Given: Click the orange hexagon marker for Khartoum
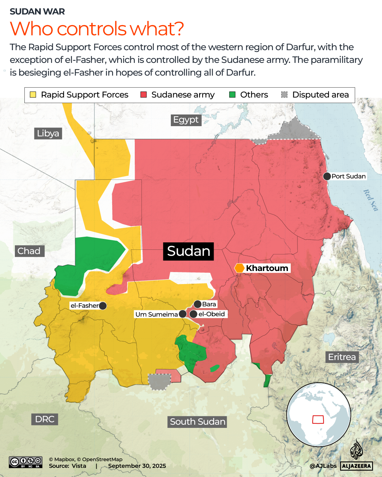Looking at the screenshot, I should (239, 268).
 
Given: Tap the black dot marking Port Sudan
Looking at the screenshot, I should (327, 176).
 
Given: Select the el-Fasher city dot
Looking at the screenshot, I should (103, 306).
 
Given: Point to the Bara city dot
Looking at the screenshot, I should (198, 304).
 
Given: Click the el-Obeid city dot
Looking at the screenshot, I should (193, 314).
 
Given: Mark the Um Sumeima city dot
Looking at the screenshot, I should (183, 314).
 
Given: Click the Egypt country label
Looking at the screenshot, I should (186, 120).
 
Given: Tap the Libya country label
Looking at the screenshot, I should (48, 133).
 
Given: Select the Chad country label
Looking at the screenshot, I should (29, 251).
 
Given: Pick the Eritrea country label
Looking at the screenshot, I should (342, 357).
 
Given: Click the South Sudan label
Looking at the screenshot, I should (197, 422).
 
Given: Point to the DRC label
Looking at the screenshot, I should (45, 419).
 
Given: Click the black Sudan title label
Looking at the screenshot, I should (189, 251).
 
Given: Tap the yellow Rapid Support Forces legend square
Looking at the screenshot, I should (33, 95).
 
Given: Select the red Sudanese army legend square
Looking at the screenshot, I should (144, 95).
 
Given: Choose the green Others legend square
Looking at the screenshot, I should (232, 95).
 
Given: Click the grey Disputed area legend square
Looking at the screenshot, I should (284, 95).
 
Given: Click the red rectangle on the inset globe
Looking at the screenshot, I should (318, 419).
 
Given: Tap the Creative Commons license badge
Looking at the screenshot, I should (26, 462).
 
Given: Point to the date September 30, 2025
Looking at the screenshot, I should (137, 466).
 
